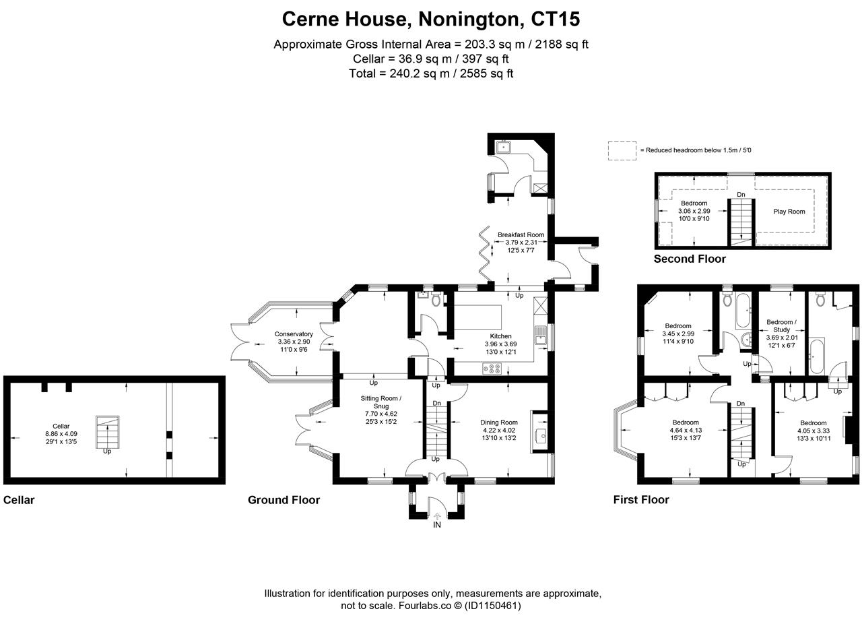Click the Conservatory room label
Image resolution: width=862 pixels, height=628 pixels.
click(294, 334)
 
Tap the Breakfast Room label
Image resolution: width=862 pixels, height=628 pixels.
click(521, 234)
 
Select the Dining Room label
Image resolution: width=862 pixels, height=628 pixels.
click(499, 422)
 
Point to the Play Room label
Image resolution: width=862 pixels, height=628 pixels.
click(789, 212)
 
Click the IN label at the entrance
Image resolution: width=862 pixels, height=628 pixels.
click(437, 525)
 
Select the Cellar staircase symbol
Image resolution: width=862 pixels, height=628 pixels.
click(107, 432)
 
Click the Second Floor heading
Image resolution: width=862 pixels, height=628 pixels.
click(690, 259)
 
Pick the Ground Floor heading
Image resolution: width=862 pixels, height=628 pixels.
click(284, 500)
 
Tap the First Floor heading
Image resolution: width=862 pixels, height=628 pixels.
click(641, 499)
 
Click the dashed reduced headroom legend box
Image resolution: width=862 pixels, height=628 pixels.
click(622, 150)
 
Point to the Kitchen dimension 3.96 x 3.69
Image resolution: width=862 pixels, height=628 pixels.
click(500, 344)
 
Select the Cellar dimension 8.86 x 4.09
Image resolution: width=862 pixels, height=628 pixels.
click(61, 433)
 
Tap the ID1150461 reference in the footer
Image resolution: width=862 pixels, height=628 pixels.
click(492, 606)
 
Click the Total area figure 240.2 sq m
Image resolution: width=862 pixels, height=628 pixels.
click(420, 73)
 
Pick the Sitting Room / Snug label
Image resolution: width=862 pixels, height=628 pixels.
click(381, 402)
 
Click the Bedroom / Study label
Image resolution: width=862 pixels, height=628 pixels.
click(782, 325)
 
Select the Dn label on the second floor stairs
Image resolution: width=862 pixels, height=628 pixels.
click(741, 195)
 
